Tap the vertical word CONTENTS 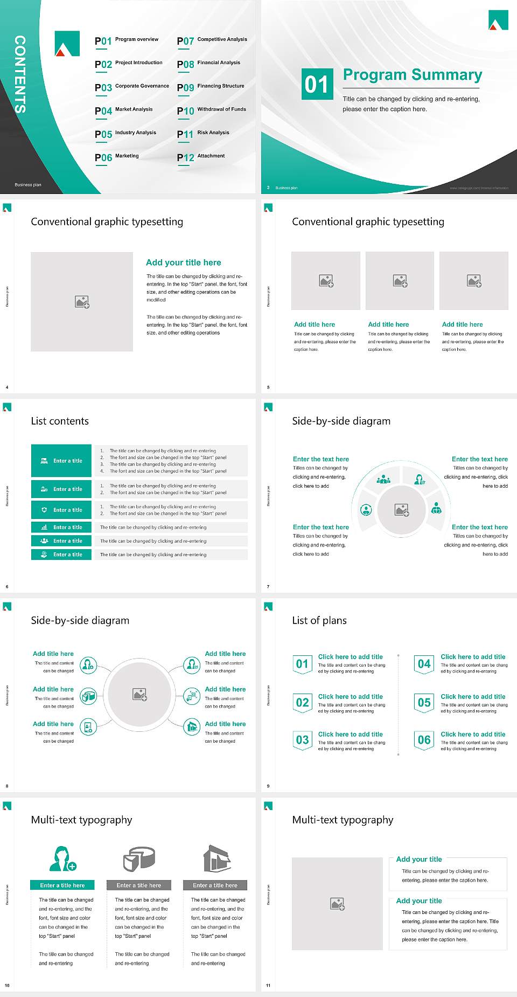click(x=20, y=74)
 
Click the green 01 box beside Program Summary click(x=317, y=84)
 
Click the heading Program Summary click(x=412, y=75)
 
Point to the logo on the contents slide click(x=67, y=44)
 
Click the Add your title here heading click(x=183, y=262)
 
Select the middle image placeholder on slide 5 click(x=400, y=281)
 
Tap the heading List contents click(x=60, y=421)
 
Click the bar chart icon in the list click(x=44, y=527)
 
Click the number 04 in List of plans click(x=424, y=664)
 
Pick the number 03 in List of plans click(x=302, y=740)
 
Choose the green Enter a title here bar click(x=62, y=885)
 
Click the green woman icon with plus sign click(x=62, y=858)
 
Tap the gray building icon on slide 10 click(x=216, y=858)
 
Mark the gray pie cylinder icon click(x=139, y=858)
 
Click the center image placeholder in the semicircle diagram click(x=401, y=510)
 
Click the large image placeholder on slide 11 click(x=337, y=904)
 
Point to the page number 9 click(x=268, y=786)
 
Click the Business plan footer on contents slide click(x=28, y=185)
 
